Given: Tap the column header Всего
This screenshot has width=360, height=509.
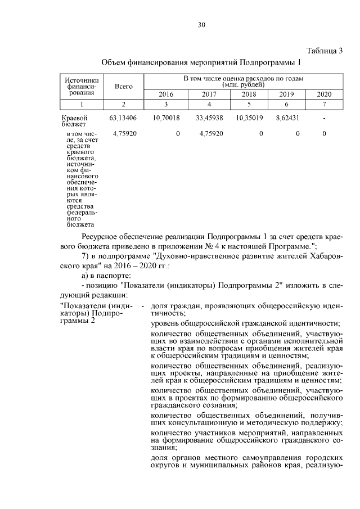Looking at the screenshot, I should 124,87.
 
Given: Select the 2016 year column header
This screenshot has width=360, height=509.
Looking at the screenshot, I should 166,94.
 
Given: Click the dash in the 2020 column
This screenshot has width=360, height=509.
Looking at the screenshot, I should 324,119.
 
